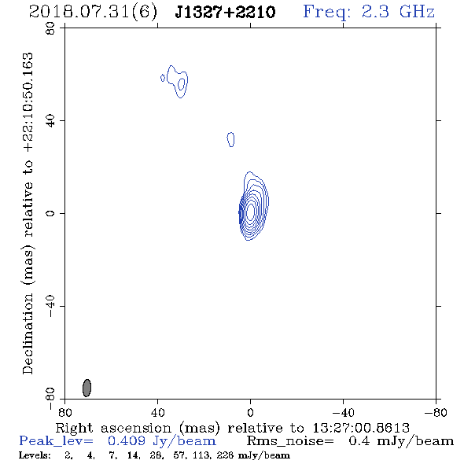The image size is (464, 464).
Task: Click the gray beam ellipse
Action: pyautogui.click(x=87, y=388)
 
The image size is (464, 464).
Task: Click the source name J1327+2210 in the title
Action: pyautogui.click(x=225, y=12)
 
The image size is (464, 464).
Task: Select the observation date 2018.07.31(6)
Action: pyautogui.click(x=93, y=13)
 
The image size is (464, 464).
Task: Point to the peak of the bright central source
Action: pyautogui.click(x=250, y=212)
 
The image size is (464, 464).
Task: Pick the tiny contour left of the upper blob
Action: pyautogui.click(x=163, y=78)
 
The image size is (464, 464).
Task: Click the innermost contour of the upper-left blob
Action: pyautogui.click(x=182, y=83)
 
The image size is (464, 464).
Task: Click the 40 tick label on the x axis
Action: pyautogui.click(x=157, y=412)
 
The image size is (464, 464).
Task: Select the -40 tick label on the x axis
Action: pyautogui.click(x=343, y=412)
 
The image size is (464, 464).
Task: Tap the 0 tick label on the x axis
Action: pyautogui.click(x=250, y=412)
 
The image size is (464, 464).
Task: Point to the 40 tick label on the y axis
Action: pyautogui.click(x=50, y=120)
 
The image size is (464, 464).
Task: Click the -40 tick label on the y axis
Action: pyautogui.click(x=50, y=306)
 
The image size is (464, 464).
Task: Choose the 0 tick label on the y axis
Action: pyautogui.click(x=50, y=213)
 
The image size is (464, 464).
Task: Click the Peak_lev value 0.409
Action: pyautogui.click(x=127, y=441)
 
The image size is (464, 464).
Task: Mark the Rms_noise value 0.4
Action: pyautogui.click(x=359, y=441)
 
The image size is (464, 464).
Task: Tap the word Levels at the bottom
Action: pyautogui.click(x=35, y=455)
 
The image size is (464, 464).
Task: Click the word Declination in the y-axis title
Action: pyautogui.click(x=28, y=333)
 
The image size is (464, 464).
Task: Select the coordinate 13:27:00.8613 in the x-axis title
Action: pyautogui.click(x=361, y=428)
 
